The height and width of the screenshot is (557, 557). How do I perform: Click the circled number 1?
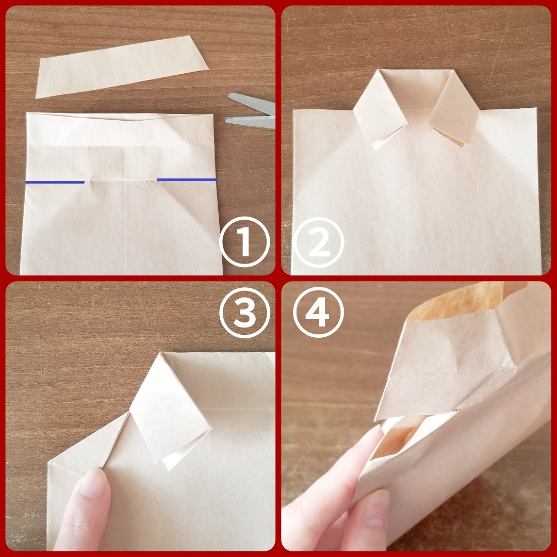244,241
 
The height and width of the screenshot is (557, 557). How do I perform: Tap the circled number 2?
318,242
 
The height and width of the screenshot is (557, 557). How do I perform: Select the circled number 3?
244,312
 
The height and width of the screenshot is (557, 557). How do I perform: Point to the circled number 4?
318,312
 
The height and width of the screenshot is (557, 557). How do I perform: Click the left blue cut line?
55,182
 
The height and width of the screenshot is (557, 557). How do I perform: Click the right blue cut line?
187,180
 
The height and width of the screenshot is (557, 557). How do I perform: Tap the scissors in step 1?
251,111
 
